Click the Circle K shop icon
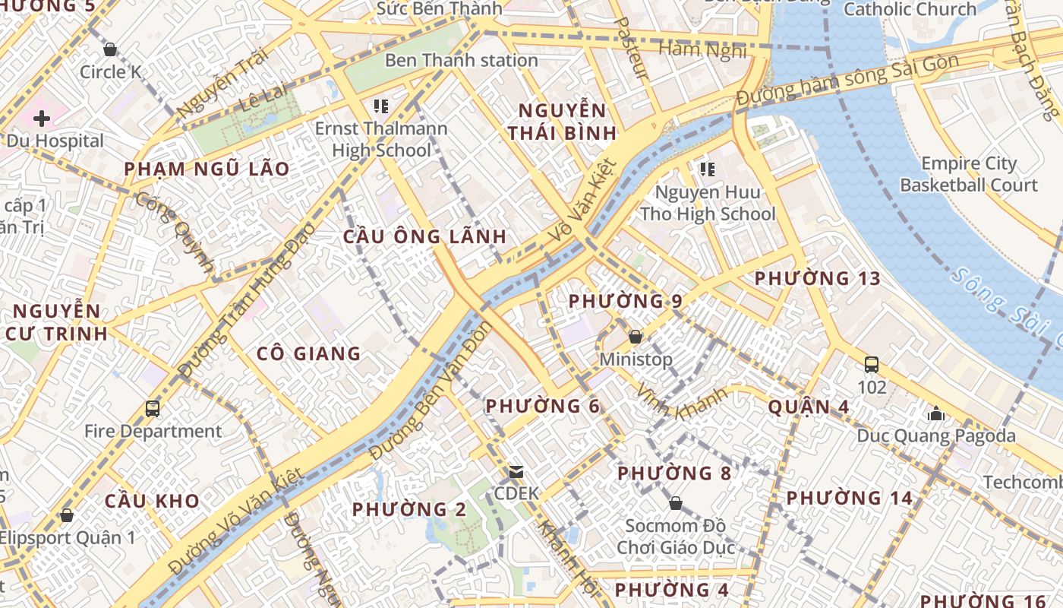coord(110,50)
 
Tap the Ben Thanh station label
coord(462,60)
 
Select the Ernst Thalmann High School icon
coord(381,106)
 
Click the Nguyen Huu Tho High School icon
coord(708,169)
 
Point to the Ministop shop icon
coord(636,337)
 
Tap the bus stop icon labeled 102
coord(872,365)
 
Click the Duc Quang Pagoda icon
coord(935,414)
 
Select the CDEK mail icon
coord(516,472)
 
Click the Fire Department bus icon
coord(153,409)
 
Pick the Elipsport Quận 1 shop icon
coord(67,515)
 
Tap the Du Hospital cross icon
coord(42,119)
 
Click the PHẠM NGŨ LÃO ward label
coord(207,169)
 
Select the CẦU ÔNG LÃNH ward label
coord(424,236)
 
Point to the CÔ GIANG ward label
coord(308,353)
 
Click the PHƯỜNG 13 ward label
coord(818,279)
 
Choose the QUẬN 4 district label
coord(809,407)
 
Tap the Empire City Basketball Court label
coord(968,174)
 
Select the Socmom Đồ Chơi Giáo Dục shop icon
coord(675,504)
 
